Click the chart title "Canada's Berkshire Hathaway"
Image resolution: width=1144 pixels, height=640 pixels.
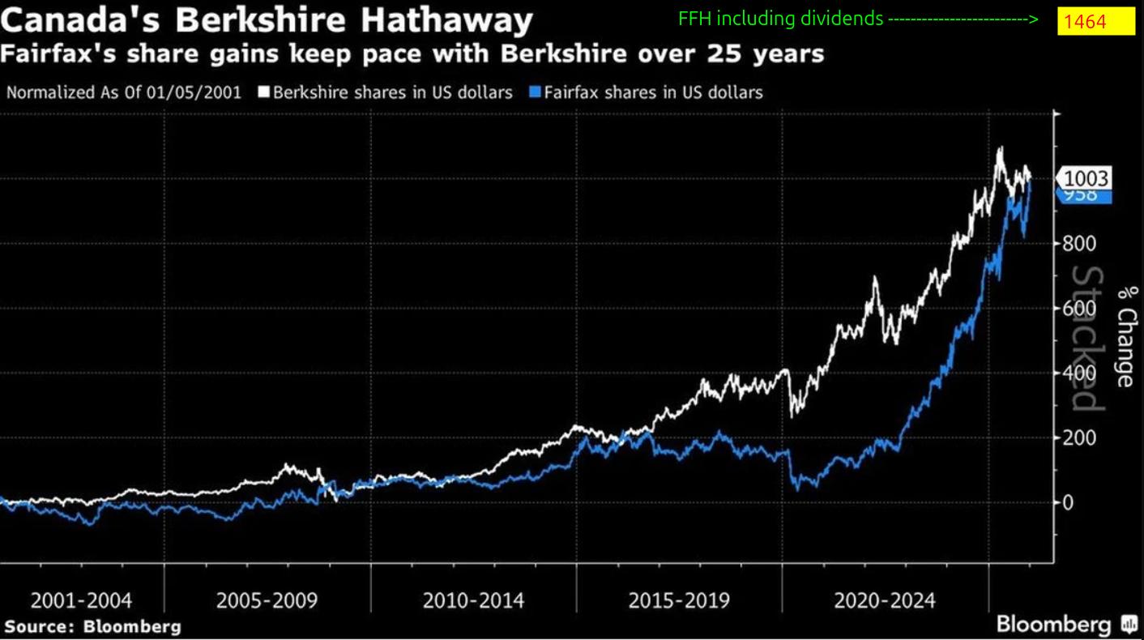(267, 19)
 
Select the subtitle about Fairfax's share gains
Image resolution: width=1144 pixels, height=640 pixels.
(412, 54)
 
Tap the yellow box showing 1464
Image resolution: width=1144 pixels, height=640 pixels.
(1095, 21)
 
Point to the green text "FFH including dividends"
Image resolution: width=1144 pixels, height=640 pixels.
(781, 19)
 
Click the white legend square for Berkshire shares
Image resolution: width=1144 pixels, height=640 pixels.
(263, 92)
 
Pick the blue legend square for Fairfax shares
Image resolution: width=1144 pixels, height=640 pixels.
(535, 92)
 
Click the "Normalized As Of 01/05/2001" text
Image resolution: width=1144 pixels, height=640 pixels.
(124, 92)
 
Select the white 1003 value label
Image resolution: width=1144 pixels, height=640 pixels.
(1086, 177)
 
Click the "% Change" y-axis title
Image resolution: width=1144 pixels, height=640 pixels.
(1125, 336)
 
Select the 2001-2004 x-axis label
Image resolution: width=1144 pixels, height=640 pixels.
(81, 601)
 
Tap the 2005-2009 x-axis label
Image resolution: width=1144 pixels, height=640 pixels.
(267, 601)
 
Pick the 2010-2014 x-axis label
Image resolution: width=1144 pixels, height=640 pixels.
(473, 601)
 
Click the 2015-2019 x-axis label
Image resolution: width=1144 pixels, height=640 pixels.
(679, 601)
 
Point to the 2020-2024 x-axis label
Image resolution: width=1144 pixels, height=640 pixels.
(885, 601)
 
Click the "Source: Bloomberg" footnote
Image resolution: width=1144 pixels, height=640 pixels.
(92, 626)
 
